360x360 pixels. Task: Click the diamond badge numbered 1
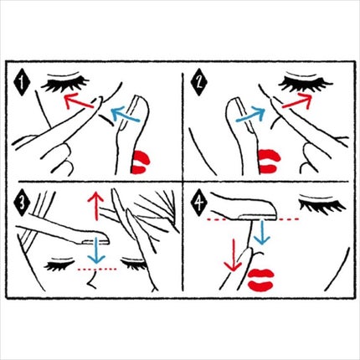point(23,83)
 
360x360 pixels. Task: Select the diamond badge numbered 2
point(198,83)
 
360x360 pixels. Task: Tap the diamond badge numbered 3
point(22,203)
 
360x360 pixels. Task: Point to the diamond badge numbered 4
point(198,203)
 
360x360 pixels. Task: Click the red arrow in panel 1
point(79,101)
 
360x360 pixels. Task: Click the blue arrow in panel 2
point(250,115)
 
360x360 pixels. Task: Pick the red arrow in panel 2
point(296,101)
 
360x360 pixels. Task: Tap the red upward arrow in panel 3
point(95,206)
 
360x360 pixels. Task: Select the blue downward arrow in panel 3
point(95,250)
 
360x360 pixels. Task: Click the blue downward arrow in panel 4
point(262,232)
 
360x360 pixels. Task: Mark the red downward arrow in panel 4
point(233,255)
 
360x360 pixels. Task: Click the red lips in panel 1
point(140,162)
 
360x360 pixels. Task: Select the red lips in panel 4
point(260,280)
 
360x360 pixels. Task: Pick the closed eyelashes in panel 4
point(322,204)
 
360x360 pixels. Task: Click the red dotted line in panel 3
point(97,270)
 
